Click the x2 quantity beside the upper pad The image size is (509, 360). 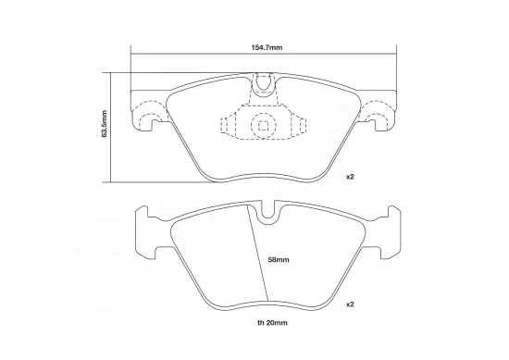click(x=351, y=176)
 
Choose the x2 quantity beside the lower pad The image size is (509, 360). click(x=351, y=304)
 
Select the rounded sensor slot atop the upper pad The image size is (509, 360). click(x=265, y=85)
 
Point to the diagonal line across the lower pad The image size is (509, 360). click(x=259, y=254)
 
